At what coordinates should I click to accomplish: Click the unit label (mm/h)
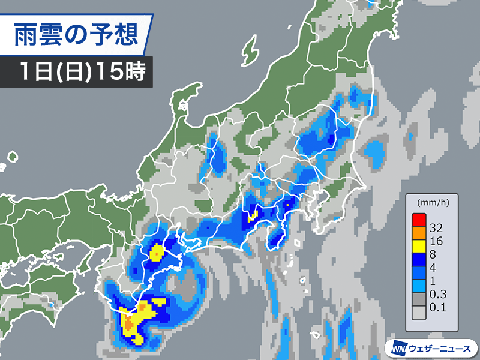430,201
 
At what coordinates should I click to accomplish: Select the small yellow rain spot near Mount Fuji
253,216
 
